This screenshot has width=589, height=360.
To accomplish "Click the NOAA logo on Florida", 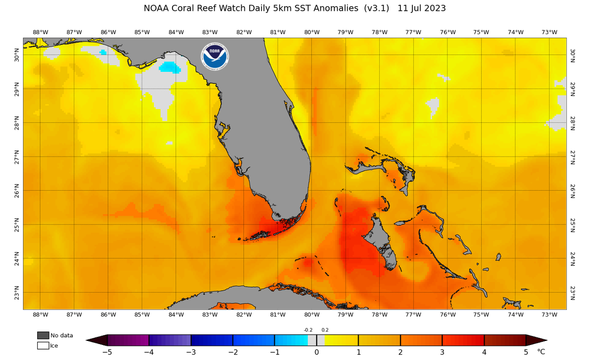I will click(215, 56).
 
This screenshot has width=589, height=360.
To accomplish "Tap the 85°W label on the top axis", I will click(142, 32).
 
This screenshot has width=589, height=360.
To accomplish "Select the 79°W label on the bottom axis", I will click(345, 315).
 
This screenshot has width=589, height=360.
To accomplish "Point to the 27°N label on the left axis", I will click(17, 157).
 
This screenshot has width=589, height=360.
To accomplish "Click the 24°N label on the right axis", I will click(572, 258).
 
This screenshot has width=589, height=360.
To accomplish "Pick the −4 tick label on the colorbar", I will click(149, 352).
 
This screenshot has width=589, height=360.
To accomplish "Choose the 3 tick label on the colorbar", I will click(442, 352).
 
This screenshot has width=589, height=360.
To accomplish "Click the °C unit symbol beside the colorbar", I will click(541, 352).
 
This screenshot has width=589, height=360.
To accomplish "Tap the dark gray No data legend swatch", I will click(43, 335).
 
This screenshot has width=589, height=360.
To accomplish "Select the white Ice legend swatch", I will click(43, 346).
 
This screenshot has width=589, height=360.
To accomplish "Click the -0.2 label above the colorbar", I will click(308, 330).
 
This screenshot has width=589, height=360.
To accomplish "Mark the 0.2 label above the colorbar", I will click(325, 330).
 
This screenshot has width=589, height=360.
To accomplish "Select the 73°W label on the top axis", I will click(549, 32).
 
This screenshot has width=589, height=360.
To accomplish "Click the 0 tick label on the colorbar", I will click(317, 352).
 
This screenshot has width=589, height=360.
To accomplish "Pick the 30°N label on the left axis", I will click(17, 55).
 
